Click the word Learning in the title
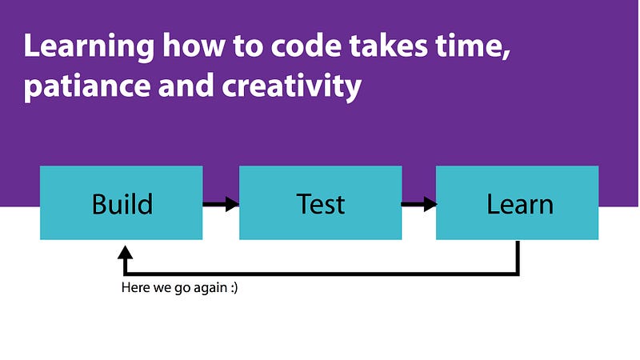[89, 46]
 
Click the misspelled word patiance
[87, 86]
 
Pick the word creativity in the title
[291, 86]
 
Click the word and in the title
[186, 85]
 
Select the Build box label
[122, 204]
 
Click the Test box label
[321, 204]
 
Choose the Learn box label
[519, 204]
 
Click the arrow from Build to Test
[221, 204]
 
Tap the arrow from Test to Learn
[419, 204]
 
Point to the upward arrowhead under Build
[125, 253]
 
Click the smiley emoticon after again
[234, 288]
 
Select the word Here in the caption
[135, 287]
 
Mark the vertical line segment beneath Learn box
[518, 258]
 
